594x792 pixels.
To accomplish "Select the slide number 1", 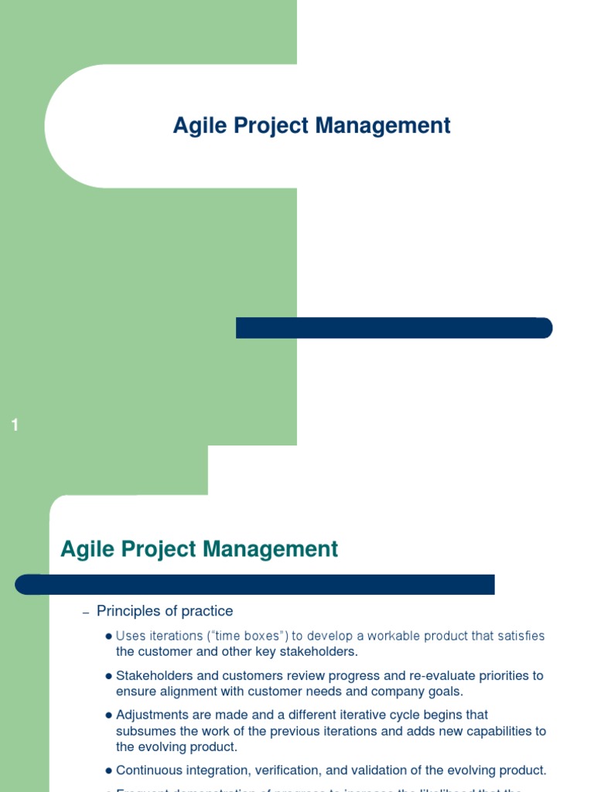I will tap(15, 425).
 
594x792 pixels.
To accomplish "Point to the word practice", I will tap(207, 611).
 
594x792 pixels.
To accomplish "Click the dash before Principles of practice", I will tap(86, 613).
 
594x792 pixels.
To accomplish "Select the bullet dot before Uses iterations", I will tap(108, 637).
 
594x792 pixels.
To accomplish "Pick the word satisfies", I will tap(521, 636).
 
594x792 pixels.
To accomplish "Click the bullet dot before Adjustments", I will tap(108, 715).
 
